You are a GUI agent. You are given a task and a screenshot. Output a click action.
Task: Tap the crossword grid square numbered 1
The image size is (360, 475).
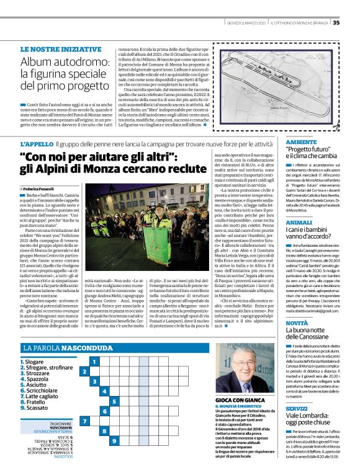click(x=94, y=361)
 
